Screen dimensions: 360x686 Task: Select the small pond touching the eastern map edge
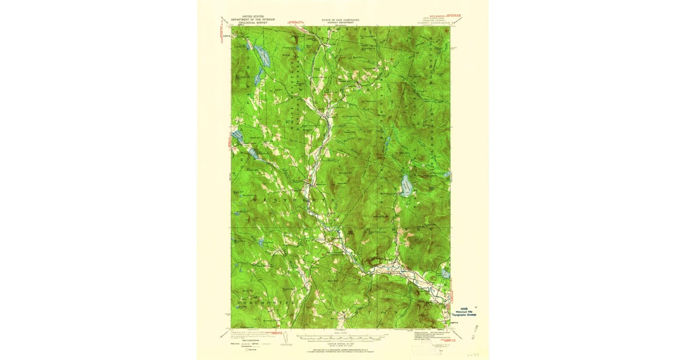tap(446, 275)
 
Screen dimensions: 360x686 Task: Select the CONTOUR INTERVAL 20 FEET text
tap(342, 343)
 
